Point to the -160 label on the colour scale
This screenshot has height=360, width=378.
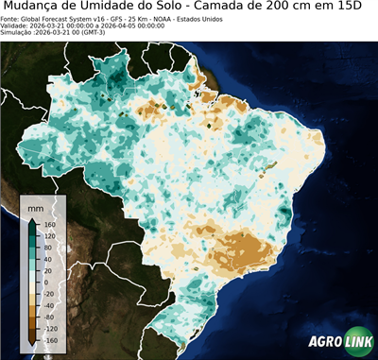[51, 338]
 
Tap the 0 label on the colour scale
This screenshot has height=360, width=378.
[46, 282]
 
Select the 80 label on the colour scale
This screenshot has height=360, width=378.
[48, 254]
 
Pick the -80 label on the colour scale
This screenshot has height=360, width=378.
[50, 310]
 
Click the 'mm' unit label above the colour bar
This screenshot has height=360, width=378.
[36, 205]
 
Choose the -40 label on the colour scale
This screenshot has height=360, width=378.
[50, 296]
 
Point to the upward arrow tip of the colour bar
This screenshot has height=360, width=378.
[32, 220]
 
